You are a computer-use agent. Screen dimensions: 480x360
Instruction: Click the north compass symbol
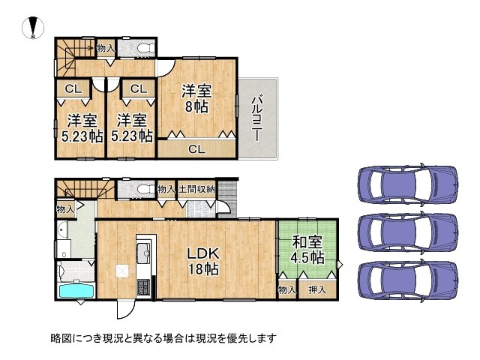point(33,27)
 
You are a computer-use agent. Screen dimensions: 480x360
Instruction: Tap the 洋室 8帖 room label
point(196,98)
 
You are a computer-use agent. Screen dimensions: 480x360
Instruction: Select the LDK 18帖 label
point(203,261)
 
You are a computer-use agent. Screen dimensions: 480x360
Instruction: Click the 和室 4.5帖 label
point(307,250)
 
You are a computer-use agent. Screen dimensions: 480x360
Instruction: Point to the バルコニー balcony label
point(256,118)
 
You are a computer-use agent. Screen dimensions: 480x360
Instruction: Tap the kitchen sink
point(143,253)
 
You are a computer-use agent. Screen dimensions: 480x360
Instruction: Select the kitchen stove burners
point(143,288)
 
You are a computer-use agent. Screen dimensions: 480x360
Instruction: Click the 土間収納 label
point(196,189)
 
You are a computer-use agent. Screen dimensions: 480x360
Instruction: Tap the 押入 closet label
point(317,289)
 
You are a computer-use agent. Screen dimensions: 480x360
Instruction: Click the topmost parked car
point(409,183)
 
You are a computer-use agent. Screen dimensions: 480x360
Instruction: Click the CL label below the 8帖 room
point(196,149)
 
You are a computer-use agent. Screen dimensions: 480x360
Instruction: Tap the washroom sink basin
point(62,230)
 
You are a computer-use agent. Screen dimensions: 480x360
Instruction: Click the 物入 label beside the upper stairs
point(106,48)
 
